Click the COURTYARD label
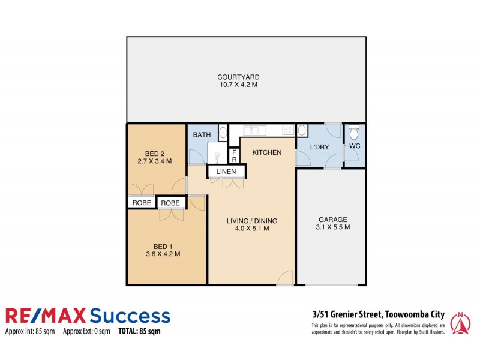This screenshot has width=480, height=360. tap(238, 77)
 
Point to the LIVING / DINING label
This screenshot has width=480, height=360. tap(252, 221)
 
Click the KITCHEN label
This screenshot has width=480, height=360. tap(266, 153)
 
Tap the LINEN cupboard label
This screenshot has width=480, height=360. tap(226, 173)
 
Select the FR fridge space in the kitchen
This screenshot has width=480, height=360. tap(235, 156)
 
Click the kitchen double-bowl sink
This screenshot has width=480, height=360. tap(252, 130)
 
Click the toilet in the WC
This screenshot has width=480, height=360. tap(353, 131)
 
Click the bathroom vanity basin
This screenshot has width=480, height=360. tap(223, 133)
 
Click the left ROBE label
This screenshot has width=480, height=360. tap(142, 203)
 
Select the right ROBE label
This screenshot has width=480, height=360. tap(171, 203)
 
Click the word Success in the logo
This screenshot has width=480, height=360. tap(129, 316)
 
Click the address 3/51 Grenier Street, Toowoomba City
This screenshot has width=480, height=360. tap(377, 313)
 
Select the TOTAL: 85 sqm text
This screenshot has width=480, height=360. tap(139, 331)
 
